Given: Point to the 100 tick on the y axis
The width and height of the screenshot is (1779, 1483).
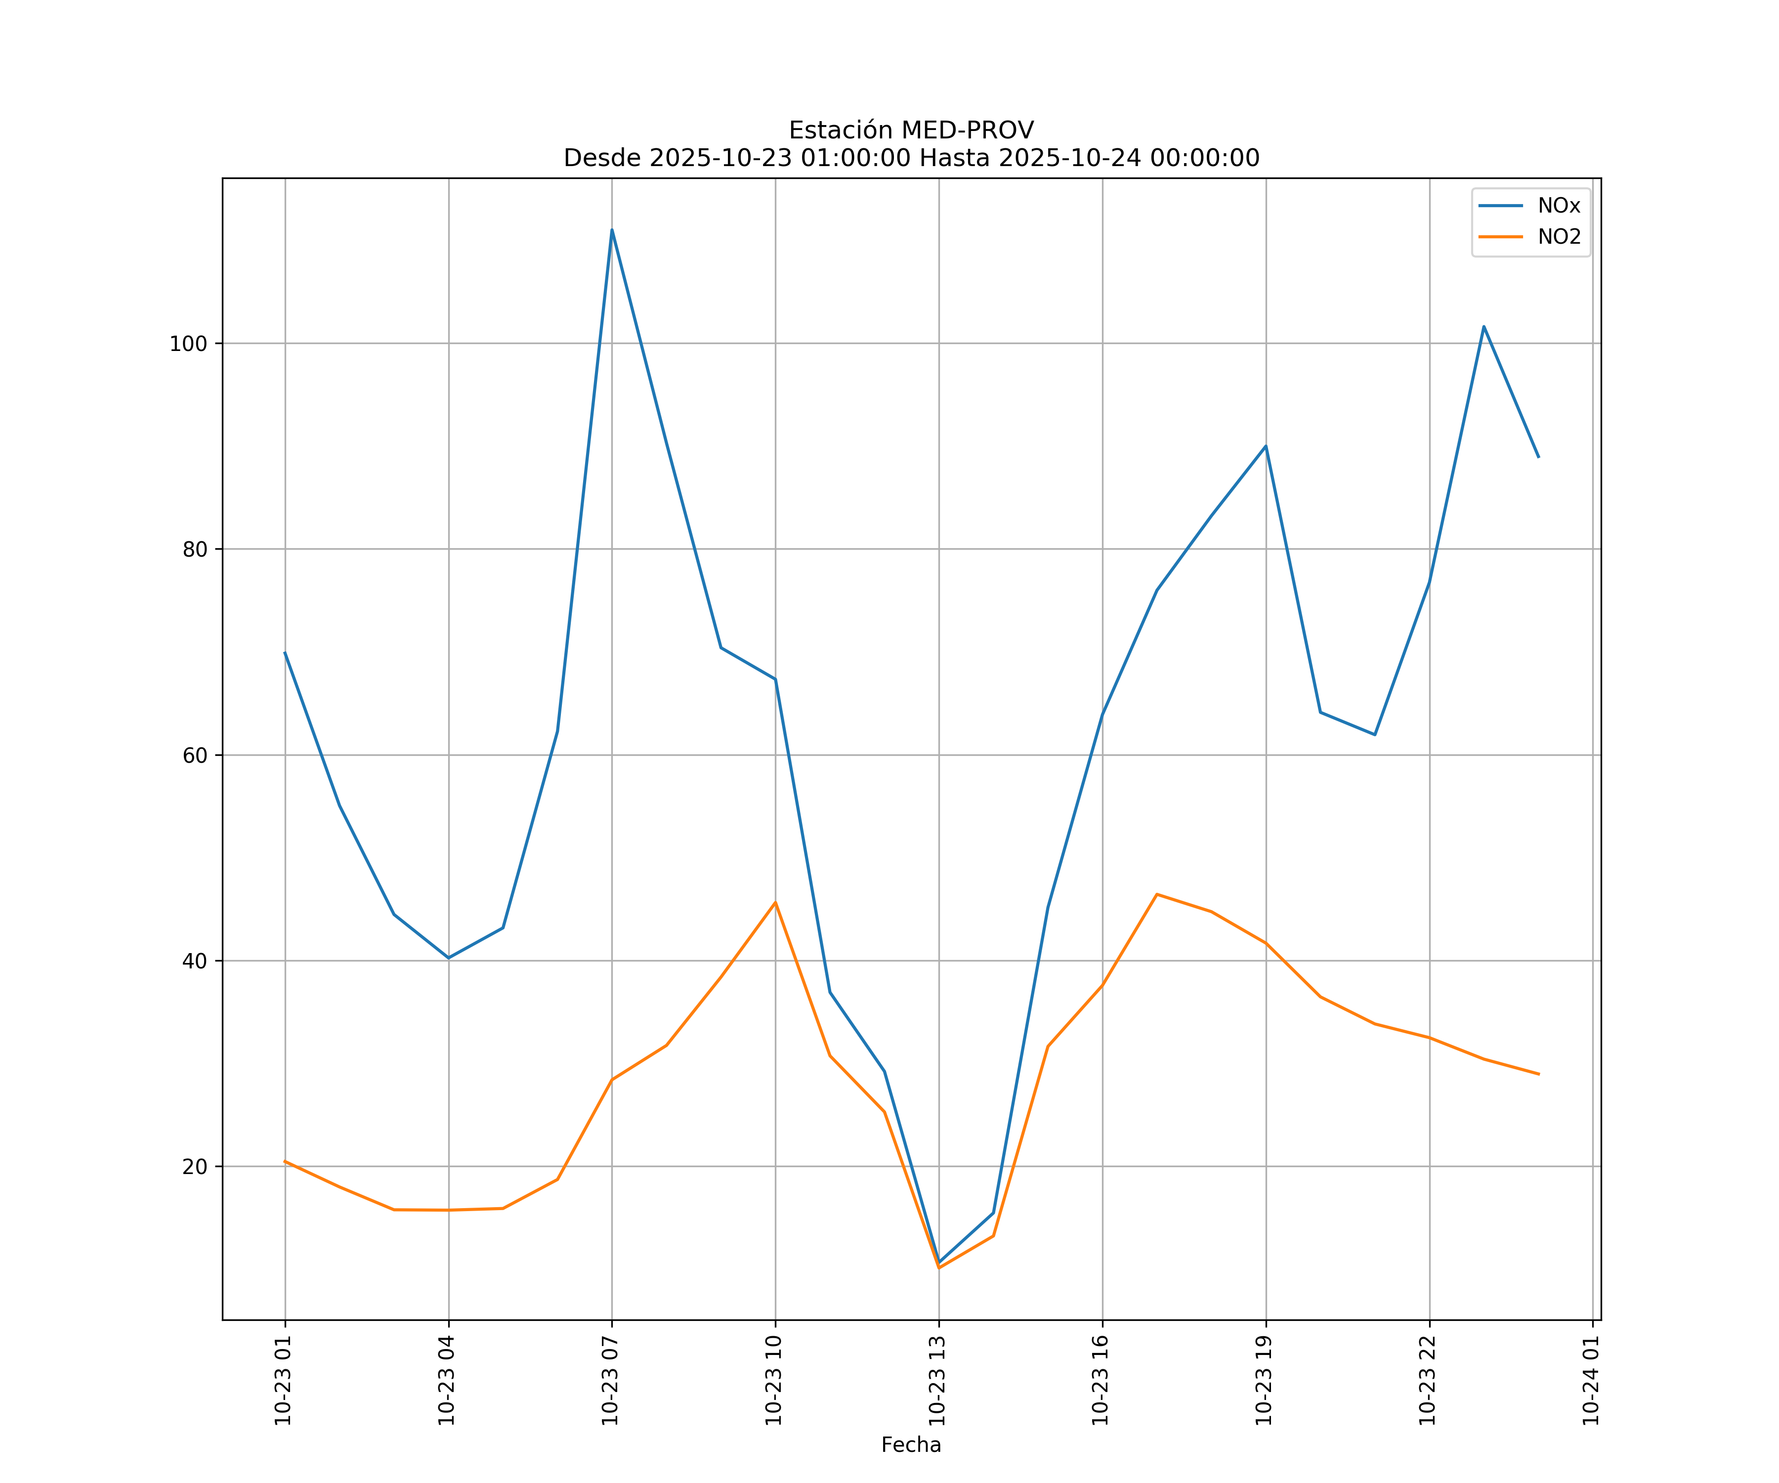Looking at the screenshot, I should pos(188,344).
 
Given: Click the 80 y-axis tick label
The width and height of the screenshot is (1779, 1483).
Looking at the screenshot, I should pos(195,549).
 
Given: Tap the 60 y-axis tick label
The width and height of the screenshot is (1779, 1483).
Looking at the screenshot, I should pos(195,755).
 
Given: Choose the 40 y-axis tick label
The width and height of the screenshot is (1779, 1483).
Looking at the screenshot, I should pos(195,961).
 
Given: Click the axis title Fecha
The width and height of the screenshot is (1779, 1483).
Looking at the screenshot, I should pos(911,1445).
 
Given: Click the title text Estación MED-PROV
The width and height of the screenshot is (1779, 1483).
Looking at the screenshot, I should pos(911,131).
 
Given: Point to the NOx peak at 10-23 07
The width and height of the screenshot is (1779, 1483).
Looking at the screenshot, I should pos(612,230).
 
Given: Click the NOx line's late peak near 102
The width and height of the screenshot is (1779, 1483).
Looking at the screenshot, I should pos(1483,326).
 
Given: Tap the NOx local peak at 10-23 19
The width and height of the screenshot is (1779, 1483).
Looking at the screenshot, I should pos(1266,446).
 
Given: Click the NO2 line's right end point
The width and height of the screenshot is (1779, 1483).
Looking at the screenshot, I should pos(1538,1075).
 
